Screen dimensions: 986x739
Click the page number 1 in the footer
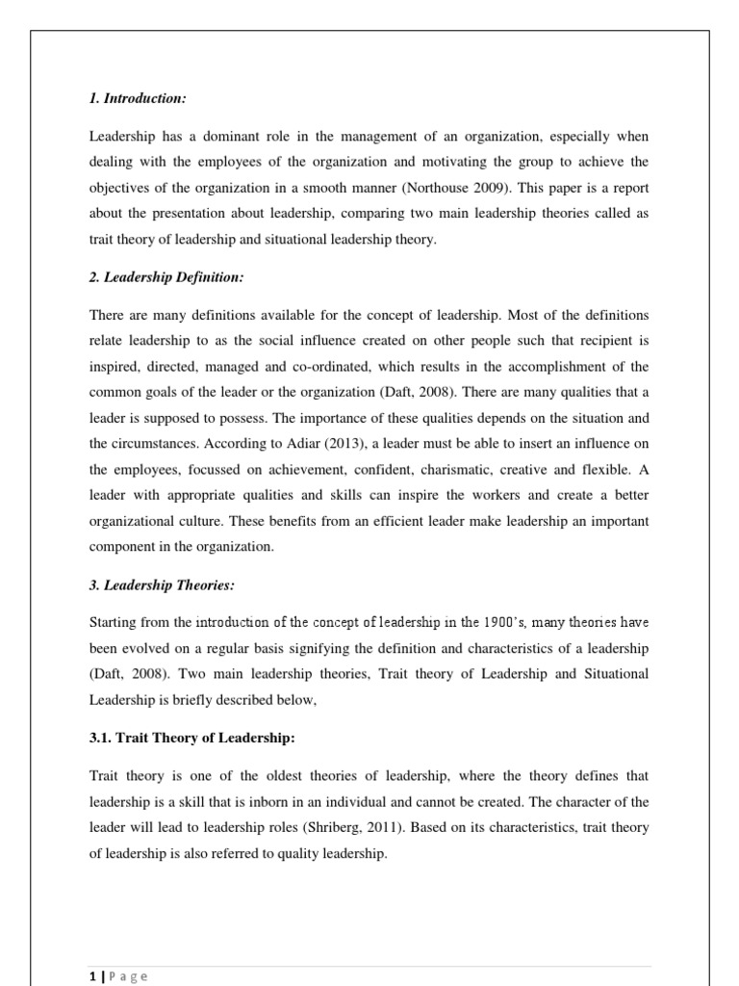coord(92,976)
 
